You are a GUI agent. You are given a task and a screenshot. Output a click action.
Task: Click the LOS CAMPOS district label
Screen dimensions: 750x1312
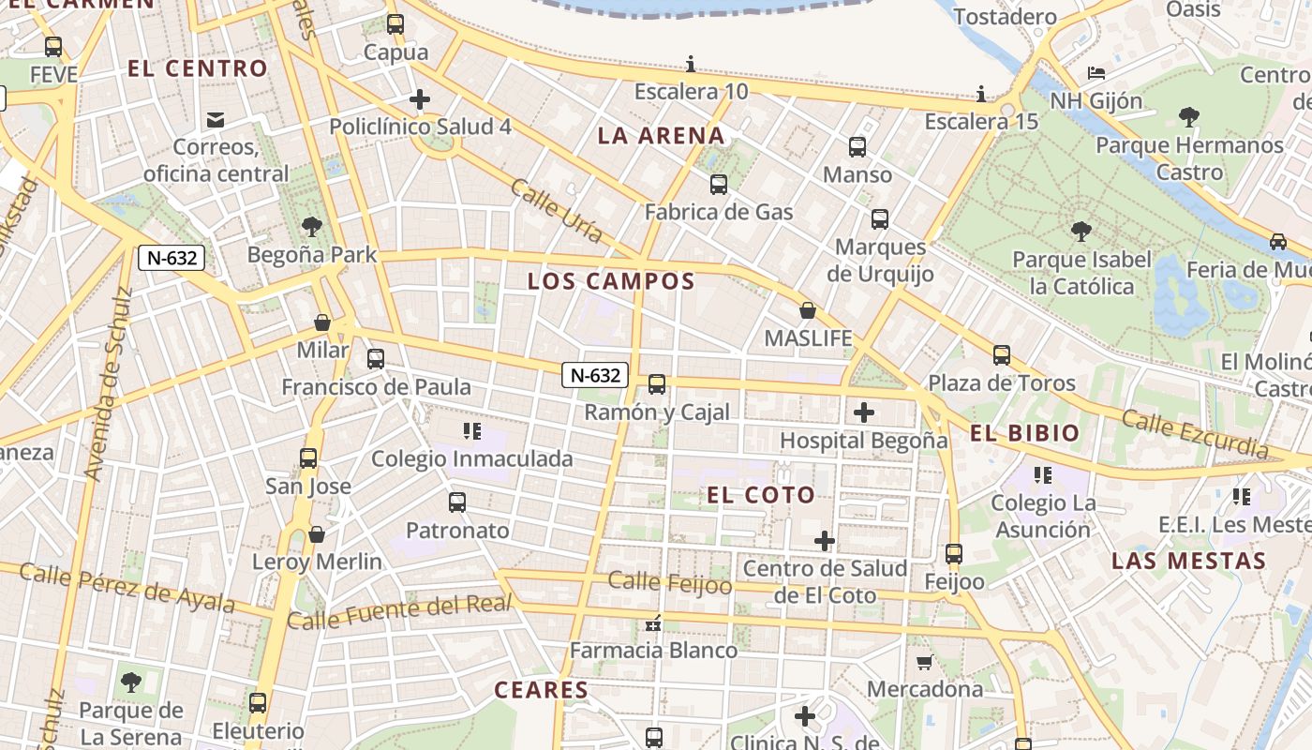click(x=611, y=281)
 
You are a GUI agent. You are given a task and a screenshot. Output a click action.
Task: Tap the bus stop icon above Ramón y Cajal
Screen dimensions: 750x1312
click(x=657, y=383)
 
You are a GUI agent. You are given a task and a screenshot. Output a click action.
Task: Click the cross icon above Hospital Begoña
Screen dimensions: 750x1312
click(x=864, y=412)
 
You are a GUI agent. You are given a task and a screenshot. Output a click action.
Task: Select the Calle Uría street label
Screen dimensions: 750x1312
click(x=557, y=211)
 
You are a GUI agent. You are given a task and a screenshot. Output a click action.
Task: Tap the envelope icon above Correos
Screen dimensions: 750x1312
click(x=216, y=119)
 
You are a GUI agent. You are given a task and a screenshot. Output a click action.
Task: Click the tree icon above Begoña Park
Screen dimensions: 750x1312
click(x=312, y=226)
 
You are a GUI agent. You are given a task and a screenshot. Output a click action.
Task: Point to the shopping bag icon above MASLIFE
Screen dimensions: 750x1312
click(x=808, y=310)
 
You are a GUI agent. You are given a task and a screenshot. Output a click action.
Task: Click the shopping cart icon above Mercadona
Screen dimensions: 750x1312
click(x=924, y=663)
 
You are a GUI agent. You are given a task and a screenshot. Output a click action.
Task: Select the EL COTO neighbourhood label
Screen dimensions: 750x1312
click(x=761, y=495)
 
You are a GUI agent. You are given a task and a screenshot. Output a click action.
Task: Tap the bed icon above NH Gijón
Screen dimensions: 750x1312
click(x=1096, y=72)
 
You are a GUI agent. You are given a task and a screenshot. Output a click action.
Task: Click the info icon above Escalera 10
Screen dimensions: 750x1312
click(x=692, y=64)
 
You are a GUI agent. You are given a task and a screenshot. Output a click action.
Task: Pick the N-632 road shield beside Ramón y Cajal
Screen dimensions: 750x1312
click(x=595, y=375)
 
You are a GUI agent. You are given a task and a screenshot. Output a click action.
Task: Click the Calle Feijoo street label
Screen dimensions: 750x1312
click(x=670, y=582)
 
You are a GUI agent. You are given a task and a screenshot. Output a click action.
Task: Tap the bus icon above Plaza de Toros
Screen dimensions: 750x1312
click(x=1002, y=355)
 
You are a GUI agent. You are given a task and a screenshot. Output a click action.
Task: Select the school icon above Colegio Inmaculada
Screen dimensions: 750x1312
click(x=472, y=431)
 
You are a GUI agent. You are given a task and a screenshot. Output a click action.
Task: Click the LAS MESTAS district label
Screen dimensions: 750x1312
click(x=1188, y=562)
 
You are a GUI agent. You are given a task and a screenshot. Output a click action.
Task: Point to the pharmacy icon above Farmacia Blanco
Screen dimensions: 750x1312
click(x=654, y=622)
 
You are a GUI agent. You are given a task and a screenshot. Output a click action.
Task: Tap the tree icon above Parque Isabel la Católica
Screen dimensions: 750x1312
click(x=1081, y=231)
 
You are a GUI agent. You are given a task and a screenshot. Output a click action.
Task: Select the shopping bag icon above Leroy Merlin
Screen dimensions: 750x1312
click(x=317, y=534)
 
